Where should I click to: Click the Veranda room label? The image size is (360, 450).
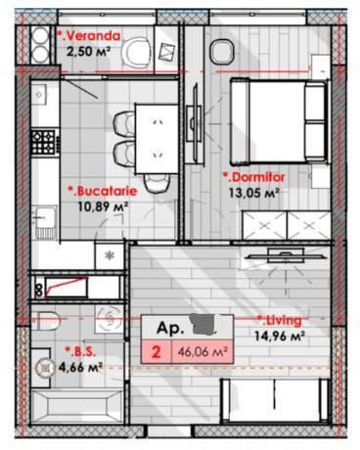click(89, 36)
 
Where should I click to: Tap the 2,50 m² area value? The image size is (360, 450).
click(88, 52)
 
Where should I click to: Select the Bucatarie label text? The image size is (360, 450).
click(103, 191)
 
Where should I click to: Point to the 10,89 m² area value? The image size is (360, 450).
click(103, 206)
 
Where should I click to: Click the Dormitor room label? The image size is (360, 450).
click(253, 177)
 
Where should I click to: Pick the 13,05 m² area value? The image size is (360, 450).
click(253, 193)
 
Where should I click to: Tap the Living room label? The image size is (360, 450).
click(280, 321)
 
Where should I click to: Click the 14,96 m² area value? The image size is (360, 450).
click(280, 336)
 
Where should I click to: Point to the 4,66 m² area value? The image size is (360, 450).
click(81, 367)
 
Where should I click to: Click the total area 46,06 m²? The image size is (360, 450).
click(202, 352)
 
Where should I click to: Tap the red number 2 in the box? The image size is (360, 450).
click(157, 352)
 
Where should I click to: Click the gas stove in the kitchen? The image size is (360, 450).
click(43, 142)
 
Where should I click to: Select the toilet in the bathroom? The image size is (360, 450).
click(46, 321)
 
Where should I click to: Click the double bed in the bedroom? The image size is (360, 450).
click(278, 120)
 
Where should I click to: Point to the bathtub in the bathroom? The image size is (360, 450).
click(77, 407)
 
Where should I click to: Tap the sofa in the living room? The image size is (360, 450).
click(275, 401)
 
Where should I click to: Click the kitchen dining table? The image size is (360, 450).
click(157, 139)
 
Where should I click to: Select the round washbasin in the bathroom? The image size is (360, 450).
click(44, 368)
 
